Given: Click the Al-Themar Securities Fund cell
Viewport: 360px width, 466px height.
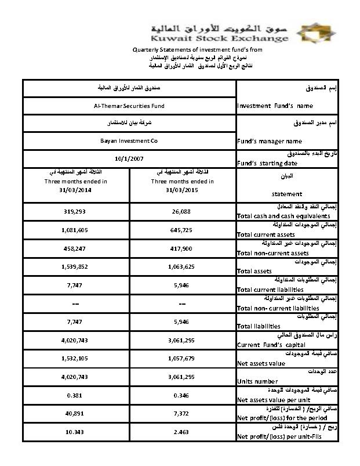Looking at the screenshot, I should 129,106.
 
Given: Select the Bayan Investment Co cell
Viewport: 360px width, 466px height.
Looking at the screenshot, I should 129,141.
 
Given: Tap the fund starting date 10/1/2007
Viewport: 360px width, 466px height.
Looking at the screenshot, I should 129,158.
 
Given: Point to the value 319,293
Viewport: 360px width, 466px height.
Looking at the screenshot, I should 75,211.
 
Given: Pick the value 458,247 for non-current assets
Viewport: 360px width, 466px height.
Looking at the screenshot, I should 75,248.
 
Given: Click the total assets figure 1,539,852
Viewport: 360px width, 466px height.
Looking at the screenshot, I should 75,267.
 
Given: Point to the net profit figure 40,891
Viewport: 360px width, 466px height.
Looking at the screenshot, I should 75,414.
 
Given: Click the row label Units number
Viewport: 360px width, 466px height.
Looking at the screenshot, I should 257,381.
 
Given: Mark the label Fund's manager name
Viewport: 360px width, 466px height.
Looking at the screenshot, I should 270,141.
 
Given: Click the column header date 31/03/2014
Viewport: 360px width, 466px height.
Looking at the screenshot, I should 75,190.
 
